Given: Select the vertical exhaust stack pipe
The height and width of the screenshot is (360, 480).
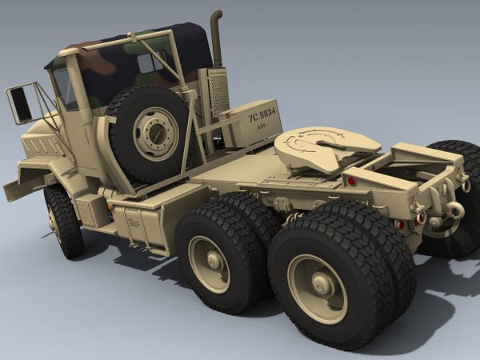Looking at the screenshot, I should coord(217,40).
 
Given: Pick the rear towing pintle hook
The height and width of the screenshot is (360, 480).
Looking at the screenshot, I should coord(453,213).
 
